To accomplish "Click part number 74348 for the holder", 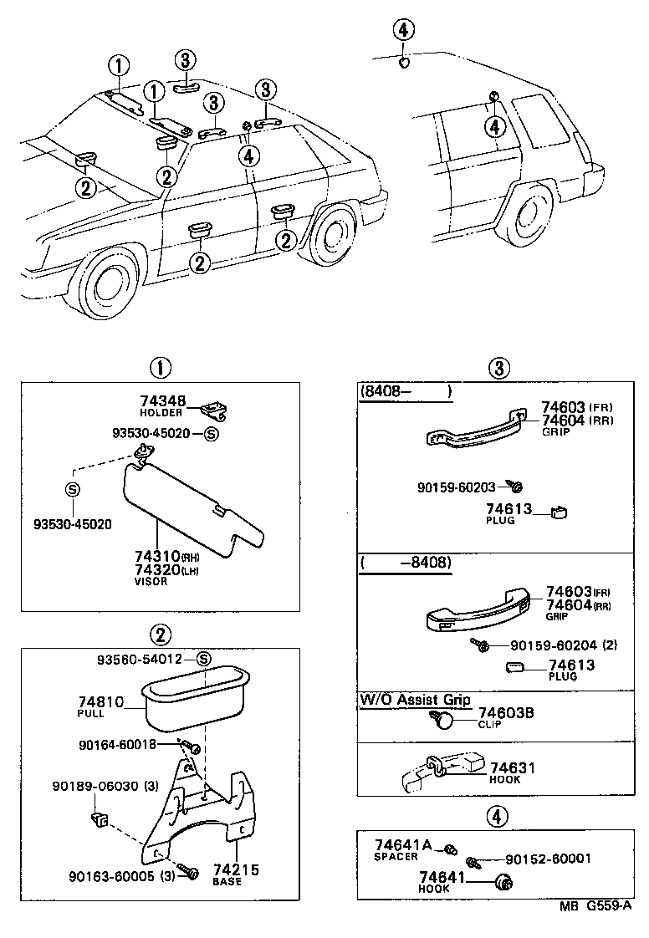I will pos(163,402).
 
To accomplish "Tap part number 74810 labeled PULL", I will pos(100,702).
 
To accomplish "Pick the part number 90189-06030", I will pos(95,787).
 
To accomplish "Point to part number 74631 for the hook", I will pos(513,768).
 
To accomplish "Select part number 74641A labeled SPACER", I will pos(403,845).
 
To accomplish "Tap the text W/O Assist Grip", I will pos(415,700).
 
